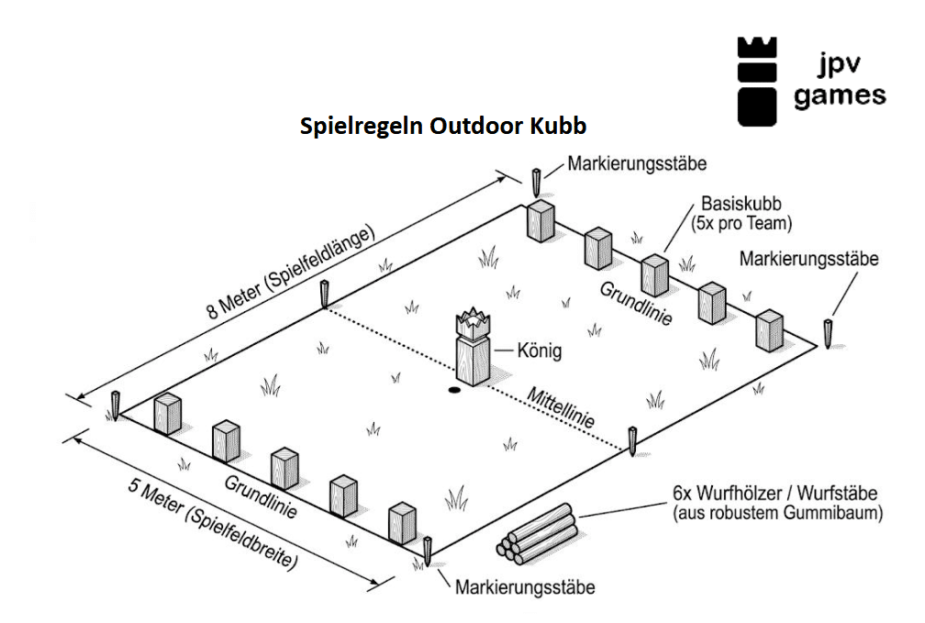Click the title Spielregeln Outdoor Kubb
443,125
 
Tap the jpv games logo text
839,81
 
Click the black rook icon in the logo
758,81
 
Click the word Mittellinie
560,408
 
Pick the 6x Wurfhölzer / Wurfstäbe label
776,504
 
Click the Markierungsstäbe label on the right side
808,260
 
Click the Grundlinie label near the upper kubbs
636,304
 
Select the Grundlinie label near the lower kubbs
261,496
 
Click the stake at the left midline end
324,296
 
